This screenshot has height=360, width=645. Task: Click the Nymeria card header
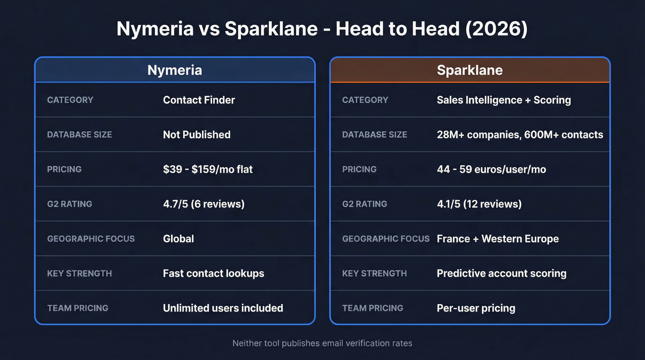pyautogui.click(x=175, y=70)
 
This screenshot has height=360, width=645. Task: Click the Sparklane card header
pyautogui.click(x=469, y=70)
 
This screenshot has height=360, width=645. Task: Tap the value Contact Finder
pyautogui.click(x=199, y=100)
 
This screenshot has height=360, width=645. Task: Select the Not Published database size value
pyautogui.click(x=197, y=135)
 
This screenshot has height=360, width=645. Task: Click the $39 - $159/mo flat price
pyautogui.click(x=208, y=169)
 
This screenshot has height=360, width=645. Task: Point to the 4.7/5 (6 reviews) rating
pyautogui.click(x=204, y=204)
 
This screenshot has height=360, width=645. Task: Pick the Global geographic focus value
pyautogui.click(x=178, y=239)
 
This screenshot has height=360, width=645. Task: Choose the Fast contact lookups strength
pyautogui.click(x=214, y=273)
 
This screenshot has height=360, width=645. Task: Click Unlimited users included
pyautogui.click(x=223, y=308)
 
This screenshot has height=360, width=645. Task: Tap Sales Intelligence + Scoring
pyautogui.click(x=504, y=100)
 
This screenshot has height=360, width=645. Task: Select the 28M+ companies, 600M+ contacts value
pyautogui.click(x=520, y=135)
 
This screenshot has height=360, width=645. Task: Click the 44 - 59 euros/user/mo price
pyautogui.click(x=491, y=169)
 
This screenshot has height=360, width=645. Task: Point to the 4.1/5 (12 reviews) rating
pyautogui.click(x=479, y=204)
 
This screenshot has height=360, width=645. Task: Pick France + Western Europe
pyautogui.click(x=498, y=239)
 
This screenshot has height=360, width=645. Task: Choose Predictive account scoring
pyautogui.click(x=501, y=273)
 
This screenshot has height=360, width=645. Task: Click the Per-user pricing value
pyautogui.click(x=476, y=308)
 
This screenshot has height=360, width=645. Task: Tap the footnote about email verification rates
pyautogui.click(x=322, y=343)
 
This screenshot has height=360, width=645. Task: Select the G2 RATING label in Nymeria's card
pyautogui.click(x=70, y=204)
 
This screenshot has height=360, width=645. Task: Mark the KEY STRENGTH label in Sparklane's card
pyautogui.click(x=374, y=273)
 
